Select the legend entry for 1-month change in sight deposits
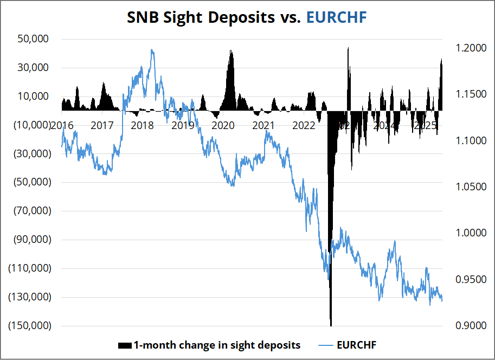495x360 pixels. pyautogui.click(x=209, y=345)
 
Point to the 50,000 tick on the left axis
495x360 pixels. pyautogui.click(x=34, y=39)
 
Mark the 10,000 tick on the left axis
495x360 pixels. pyautogui.click(x=34, y=97)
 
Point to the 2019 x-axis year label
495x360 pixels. pyautogui.click(x=183, y=126)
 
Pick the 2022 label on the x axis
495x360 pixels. pyautogui.click(x=304, y=126)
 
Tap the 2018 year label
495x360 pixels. pyautogui.click(x=142, y=126)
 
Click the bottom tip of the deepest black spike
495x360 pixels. pyautogui.click(x=331, y=325)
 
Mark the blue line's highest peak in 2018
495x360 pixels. pyautogui.click(x=152, y=50)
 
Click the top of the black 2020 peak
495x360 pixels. pyautogui.click(x=231, y=50)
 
